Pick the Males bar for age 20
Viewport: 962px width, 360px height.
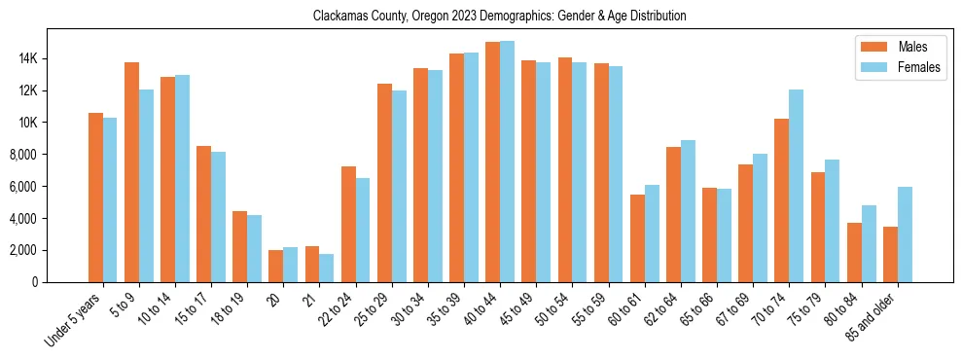point(276,266)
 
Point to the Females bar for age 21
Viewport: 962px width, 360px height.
point(327,268)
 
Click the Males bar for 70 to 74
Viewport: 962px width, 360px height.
point(782,200)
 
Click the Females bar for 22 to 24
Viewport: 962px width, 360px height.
point(363,230)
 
